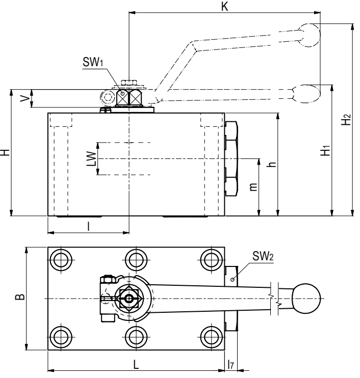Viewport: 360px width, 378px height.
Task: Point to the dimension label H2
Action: coord(347,120)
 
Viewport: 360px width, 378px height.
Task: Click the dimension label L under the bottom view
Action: coord(135,365)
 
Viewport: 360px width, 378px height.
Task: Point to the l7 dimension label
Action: coord(231,365)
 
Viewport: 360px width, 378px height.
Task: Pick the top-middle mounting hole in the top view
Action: coord(135,259)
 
